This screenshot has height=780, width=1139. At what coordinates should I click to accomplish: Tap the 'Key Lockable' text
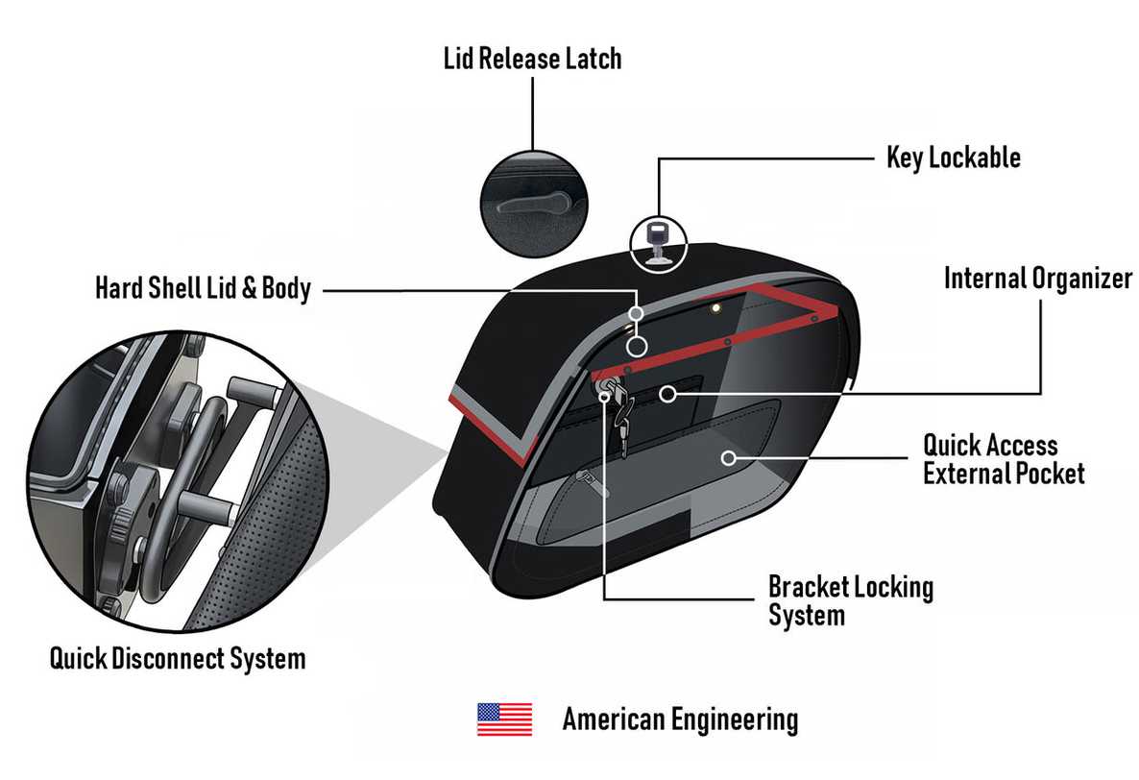(x=953, y=158)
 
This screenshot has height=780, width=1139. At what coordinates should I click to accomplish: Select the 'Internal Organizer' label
(x=1038, y=279)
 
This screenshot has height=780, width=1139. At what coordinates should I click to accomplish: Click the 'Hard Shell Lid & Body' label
(x=204, y=287)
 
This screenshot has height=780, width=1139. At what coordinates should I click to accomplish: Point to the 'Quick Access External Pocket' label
(x=1004, y=459)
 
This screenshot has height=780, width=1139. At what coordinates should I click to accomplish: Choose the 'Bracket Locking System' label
(x=851, y=600)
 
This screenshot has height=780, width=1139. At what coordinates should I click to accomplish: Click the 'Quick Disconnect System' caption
(x=178, y=659)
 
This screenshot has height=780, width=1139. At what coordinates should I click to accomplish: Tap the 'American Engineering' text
(x=680, y=719)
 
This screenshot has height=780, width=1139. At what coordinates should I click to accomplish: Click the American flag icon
(x=504, y=719)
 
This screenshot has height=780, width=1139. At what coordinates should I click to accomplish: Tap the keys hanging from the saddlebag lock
(x=618, y=412)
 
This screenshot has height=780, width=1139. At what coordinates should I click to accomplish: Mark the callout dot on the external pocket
(x=729, y=457)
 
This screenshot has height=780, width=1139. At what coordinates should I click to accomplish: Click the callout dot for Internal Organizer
(x=667, y=394)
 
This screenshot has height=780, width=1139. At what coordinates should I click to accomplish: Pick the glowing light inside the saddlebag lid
(x=715, y=308)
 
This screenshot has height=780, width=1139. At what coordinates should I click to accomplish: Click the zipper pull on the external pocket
(x=590, y=482)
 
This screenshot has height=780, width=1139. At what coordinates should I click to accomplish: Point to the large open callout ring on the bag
(x=637, y=347)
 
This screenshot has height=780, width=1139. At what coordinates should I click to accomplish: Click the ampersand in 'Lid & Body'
(x=249, y=288)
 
